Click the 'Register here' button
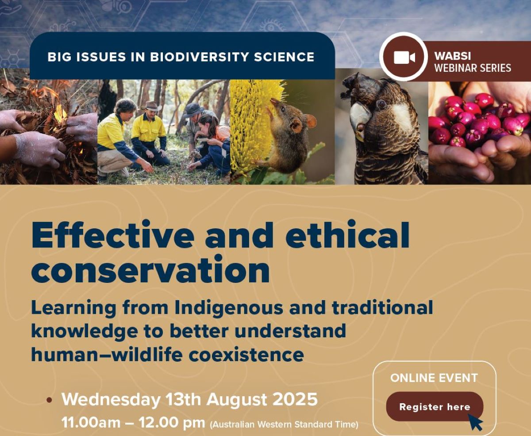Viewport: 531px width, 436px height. click(x=435, y=407)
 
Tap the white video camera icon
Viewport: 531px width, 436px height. click(x=404, y=58)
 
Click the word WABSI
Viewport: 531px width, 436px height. click(x=452, y=56)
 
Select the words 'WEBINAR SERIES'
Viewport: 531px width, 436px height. click(x=473, y=68)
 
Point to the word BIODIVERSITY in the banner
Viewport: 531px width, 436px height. click(x=200, y=57)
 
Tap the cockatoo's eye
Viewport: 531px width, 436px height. click(x=381, y=104)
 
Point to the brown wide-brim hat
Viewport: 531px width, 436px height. click(x=152, y=106)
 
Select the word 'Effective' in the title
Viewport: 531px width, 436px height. click(x=113, y=235)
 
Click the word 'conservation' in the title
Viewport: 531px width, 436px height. click(x=150, y=270)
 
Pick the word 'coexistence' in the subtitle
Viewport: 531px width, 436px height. click(x=246, y=355)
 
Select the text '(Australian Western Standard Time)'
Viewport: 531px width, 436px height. click(x=284, y=424)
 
